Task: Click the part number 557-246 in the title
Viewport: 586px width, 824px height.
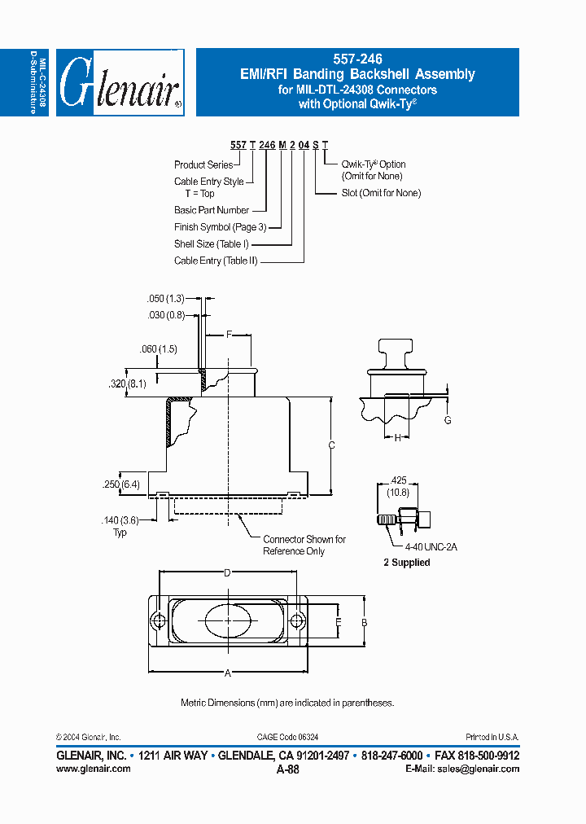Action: [357, 59]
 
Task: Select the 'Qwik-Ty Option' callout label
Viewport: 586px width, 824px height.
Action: [374, 169]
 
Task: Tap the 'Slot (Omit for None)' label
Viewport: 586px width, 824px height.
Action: [381, 193]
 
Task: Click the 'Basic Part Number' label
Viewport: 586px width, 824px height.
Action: [212, 210]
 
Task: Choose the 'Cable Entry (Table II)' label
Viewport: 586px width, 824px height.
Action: [216, 261]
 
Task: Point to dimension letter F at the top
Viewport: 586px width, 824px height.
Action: [229, 334]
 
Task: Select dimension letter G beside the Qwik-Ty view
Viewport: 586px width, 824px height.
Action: [447, 419]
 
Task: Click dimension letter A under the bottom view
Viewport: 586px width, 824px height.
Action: [228, 673]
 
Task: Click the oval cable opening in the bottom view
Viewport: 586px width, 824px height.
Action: [228, 622]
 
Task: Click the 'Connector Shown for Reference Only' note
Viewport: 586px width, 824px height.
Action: [304, 545]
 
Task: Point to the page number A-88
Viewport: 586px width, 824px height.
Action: [288, 769]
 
